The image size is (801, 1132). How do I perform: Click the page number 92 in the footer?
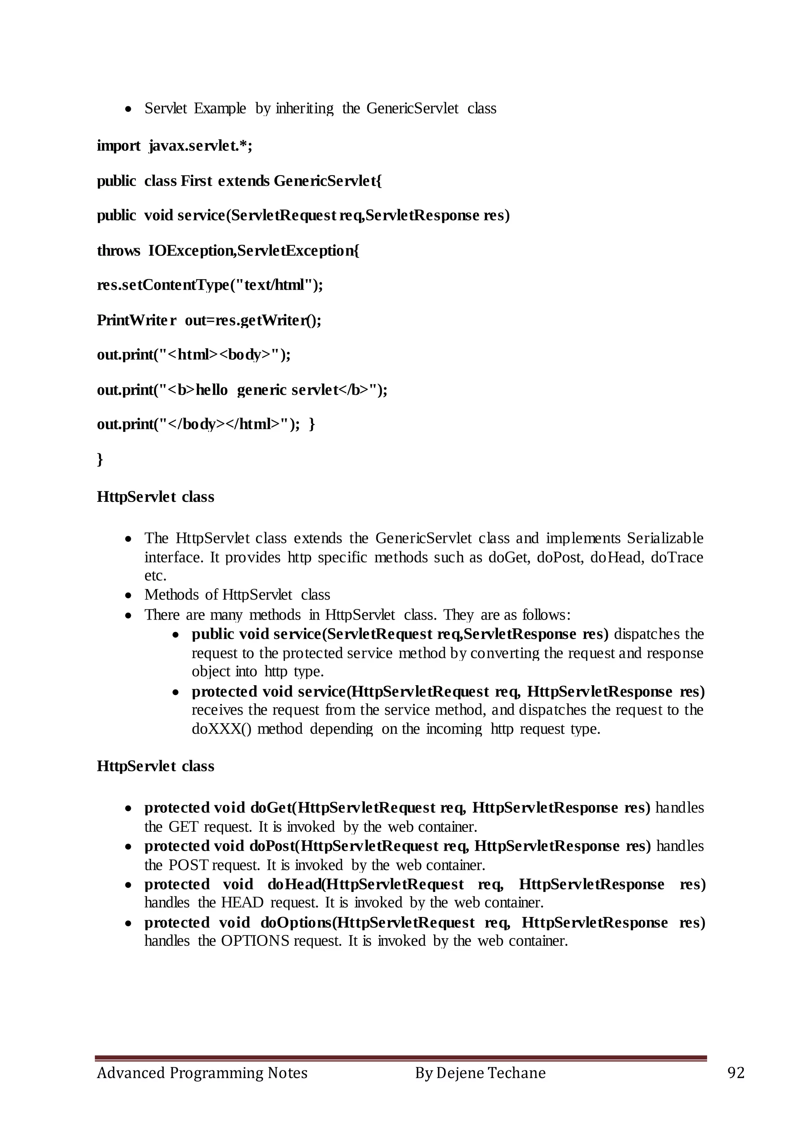point(735,1073)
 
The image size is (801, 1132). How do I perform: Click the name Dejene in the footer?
point(459,1073)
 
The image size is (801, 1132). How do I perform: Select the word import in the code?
point(119,147)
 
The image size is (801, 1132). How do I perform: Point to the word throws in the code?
point(119,251)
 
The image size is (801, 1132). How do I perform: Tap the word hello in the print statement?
point(212,390)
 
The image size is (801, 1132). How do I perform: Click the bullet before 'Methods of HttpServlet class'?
point(128,596)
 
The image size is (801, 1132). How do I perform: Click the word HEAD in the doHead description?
point(242,903)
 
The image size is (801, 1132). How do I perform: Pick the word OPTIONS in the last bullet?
point(255,941)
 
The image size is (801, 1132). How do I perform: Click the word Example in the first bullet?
point(219,108)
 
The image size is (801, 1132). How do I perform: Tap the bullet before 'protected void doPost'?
point(128,847)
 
